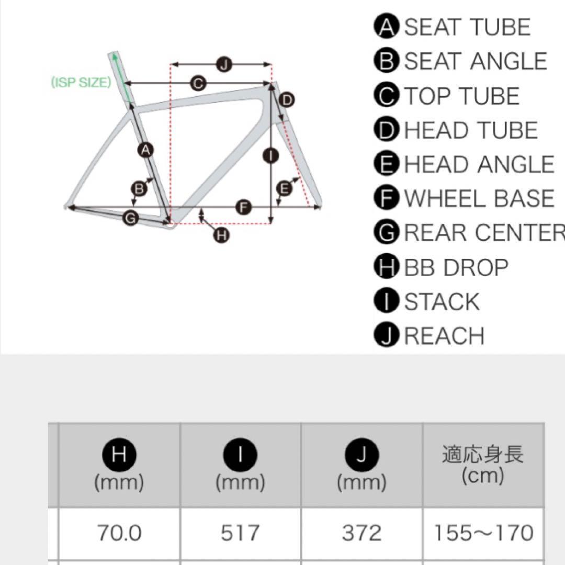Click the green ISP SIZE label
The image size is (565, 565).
pyautogui.click(x=81, y=83)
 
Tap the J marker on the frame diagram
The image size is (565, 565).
pyautogui.click(x=224, y=65)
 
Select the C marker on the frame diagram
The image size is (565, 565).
pyautogui.click(x=198, y=84)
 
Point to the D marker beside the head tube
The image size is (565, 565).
pyautogui.click(x=287, y=100)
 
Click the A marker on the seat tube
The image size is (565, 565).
pyautogui.click(x=145, y=150)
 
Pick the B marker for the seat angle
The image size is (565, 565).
pyautogui.click(x=139, y=188)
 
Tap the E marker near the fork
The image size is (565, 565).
pyautogui.click(x=284, y=188)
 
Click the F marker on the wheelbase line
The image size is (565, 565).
pyautogui.click(x=244, y=208)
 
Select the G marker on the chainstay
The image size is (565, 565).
pyautogui.click(x=130, y=218)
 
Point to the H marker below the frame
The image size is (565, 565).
pyautogui.click(x=222, y=235)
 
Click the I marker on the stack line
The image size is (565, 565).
pyautogui.click(x=270, y=156)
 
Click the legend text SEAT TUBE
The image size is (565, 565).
pyautogui.click(x=467, y=27)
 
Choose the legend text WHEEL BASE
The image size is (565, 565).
pyautogui.click(x=479, y=198)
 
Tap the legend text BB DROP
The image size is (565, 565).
pyautogui.click(x=456, y=268)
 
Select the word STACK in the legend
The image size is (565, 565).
pyautogui.click(x=442, y=302)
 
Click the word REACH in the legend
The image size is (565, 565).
pyautogui.click(x=444, y=336)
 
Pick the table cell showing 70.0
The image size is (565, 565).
pyautogui.click(x=119, y=533)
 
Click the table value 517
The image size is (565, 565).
pyautogui.click(x=240, y=533)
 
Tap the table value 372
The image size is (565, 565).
pyautogui.click(x=362, y=533)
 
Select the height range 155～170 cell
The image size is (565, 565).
pyautogui.click(x=483, y=533)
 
